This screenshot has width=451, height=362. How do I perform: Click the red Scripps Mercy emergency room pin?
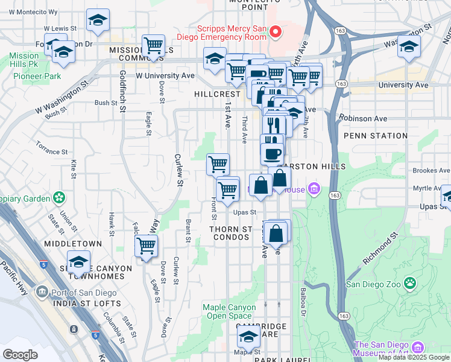276,32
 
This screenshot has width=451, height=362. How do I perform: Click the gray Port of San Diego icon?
42,292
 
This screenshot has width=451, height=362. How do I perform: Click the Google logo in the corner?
20,354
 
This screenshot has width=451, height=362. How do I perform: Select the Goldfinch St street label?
122,91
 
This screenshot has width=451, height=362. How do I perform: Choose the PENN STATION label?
375,136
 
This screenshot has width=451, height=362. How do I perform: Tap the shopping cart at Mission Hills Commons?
154,45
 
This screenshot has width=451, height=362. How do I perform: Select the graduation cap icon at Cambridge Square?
248,337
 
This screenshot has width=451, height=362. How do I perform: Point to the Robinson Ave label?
363,119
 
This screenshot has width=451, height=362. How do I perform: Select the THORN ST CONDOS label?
230,233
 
